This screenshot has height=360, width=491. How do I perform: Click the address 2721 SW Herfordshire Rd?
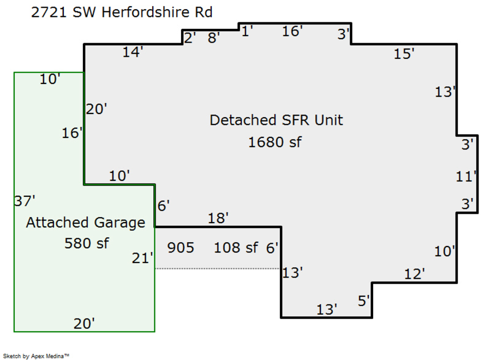point(122,12)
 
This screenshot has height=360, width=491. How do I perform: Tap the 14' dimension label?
point(133,52)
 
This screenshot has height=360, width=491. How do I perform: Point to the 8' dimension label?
point(214,38)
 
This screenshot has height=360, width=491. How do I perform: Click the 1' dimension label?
point(247,31)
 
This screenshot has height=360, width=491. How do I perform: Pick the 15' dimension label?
point(404,54)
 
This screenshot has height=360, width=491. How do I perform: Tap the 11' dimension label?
point(466,177)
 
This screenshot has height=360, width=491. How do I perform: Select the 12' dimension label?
point(414,274)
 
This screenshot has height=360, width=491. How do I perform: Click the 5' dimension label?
point(364,301)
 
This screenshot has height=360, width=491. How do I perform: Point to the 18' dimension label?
point(218,219)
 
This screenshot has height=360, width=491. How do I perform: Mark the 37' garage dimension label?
point(25,201)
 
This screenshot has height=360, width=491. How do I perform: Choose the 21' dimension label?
point(142,258)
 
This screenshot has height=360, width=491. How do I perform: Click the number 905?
point(181,248)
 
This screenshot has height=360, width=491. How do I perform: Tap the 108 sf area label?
point(236,248)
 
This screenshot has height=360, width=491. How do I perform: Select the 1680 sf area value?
point(275,142)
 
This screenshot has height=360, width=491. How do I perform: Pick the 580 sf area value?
point(86,243)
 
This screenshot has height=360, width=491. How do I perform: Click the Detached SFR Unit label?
point(277,120)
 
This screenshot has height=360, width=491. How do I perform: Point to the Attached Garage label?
point(86,223)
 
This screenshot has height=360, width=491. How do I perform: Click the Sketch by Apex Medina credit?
point(36,356)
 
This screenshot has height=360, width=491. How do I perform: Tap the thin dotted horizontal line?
point(218,268)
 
